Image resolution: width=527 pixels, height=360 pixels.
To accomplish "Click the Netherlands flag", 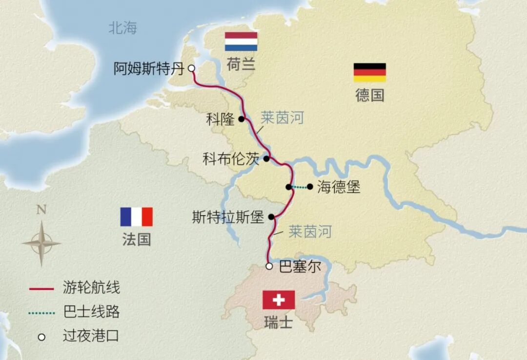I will tap(241, 41).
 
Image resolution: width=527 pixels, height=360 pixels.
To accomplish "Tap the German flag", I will tap(369, 72).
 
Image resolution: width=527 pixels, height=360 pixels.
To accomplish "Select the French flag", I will tap(137, 217).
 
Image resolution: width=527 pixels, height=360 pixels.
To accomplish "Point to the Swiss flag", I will tap(279, 300).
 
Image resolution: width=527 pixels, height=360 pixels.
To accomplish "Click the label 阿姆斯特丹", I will tap(149, 69).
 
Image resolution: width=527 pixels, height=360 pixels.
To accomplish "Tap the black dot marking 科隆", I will tap(242, 119).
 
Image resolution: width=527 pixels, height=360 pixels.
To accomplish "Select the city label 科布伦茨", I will tap(231, 159).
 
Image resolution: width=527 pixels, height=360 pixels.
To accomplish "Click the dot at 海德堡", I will tap(310, 186).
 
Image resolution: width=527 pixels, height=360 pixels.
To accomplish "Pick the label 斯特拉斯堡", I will tap(228, 218).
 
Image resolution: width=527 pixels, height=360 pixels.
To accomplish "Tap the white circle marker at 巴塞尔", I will tap(269, 266).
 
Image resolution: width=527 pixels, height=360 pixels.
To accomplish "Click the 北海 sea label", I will tap(122, 28).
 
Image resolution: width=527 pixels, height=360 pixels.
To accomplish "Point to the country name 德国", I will tap(369, 95).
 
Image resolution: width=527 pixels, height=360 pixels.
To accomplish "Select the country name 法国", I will tap(137, 240).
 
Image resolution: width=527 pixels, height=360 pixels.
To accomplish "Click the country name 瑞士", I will tap(278, 322).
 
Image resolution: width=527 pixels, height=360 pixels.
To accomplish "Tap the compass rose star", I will tap(41, 243).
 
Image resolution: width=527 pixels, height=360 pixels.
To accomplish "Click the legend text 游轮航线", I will tap(91, 288).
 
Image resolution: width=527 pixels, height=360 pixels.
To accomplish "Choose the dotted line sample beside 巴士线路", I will tap(41, 312).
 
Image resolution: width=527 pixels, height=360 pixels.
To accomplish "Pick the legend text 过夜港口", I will tap(91, 336).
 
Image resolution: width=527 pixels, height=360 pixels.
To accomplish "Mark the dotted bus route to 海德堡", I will tap(300, 187).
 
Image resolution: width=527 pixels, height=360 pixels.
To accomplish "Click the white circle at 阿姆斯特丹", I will tap(192, 68).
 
